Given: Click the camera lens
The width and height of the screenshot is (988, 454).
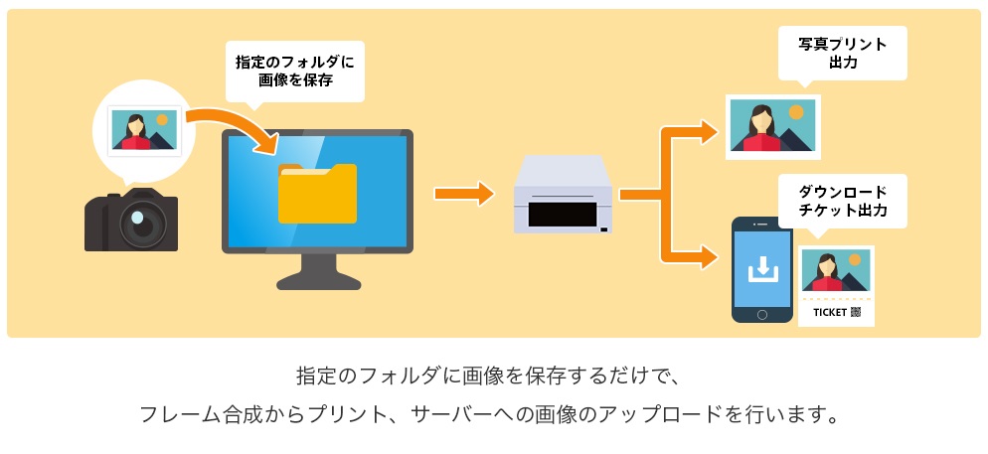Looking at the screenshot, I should click(x=138, y=223).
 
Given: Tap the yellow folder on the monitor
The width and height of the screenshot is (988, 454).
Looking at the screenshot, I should click(x=317, y=193).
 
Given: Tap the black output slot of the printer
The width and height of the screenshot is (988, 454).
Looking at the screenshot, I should click(x=561, y=214).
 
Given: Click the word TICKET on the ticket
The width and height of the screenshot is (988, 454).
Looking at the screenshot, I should click(x=830, y=312).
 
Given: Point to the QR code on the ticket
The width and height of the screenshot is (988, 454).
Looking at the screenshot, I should click(x=856, y=312).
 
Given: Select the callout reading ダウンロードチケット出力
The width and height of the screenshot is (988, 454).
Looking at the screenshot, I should click(x=842, y=201).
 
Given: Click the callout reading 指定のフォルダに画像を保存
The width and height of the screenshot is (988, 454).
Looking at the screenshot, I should click(x=294, y=72).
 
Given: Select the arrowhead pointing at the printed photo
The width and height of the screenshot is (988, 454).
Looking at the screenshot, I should click(x=708, y=129).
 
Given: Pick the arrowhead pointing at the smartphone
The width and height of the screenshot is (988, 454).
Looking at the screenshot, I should click(x=708, y=259).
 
